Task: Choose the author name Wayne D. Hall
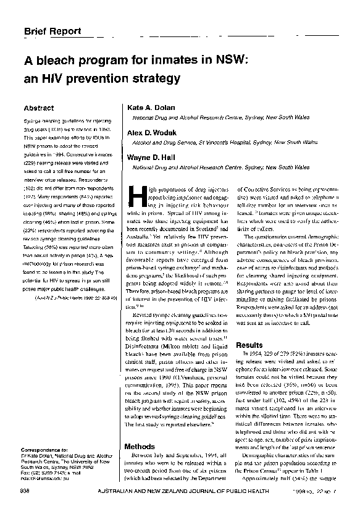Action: [x=151, y=157]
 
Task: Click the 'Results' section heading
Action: [x=249, y=345]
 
